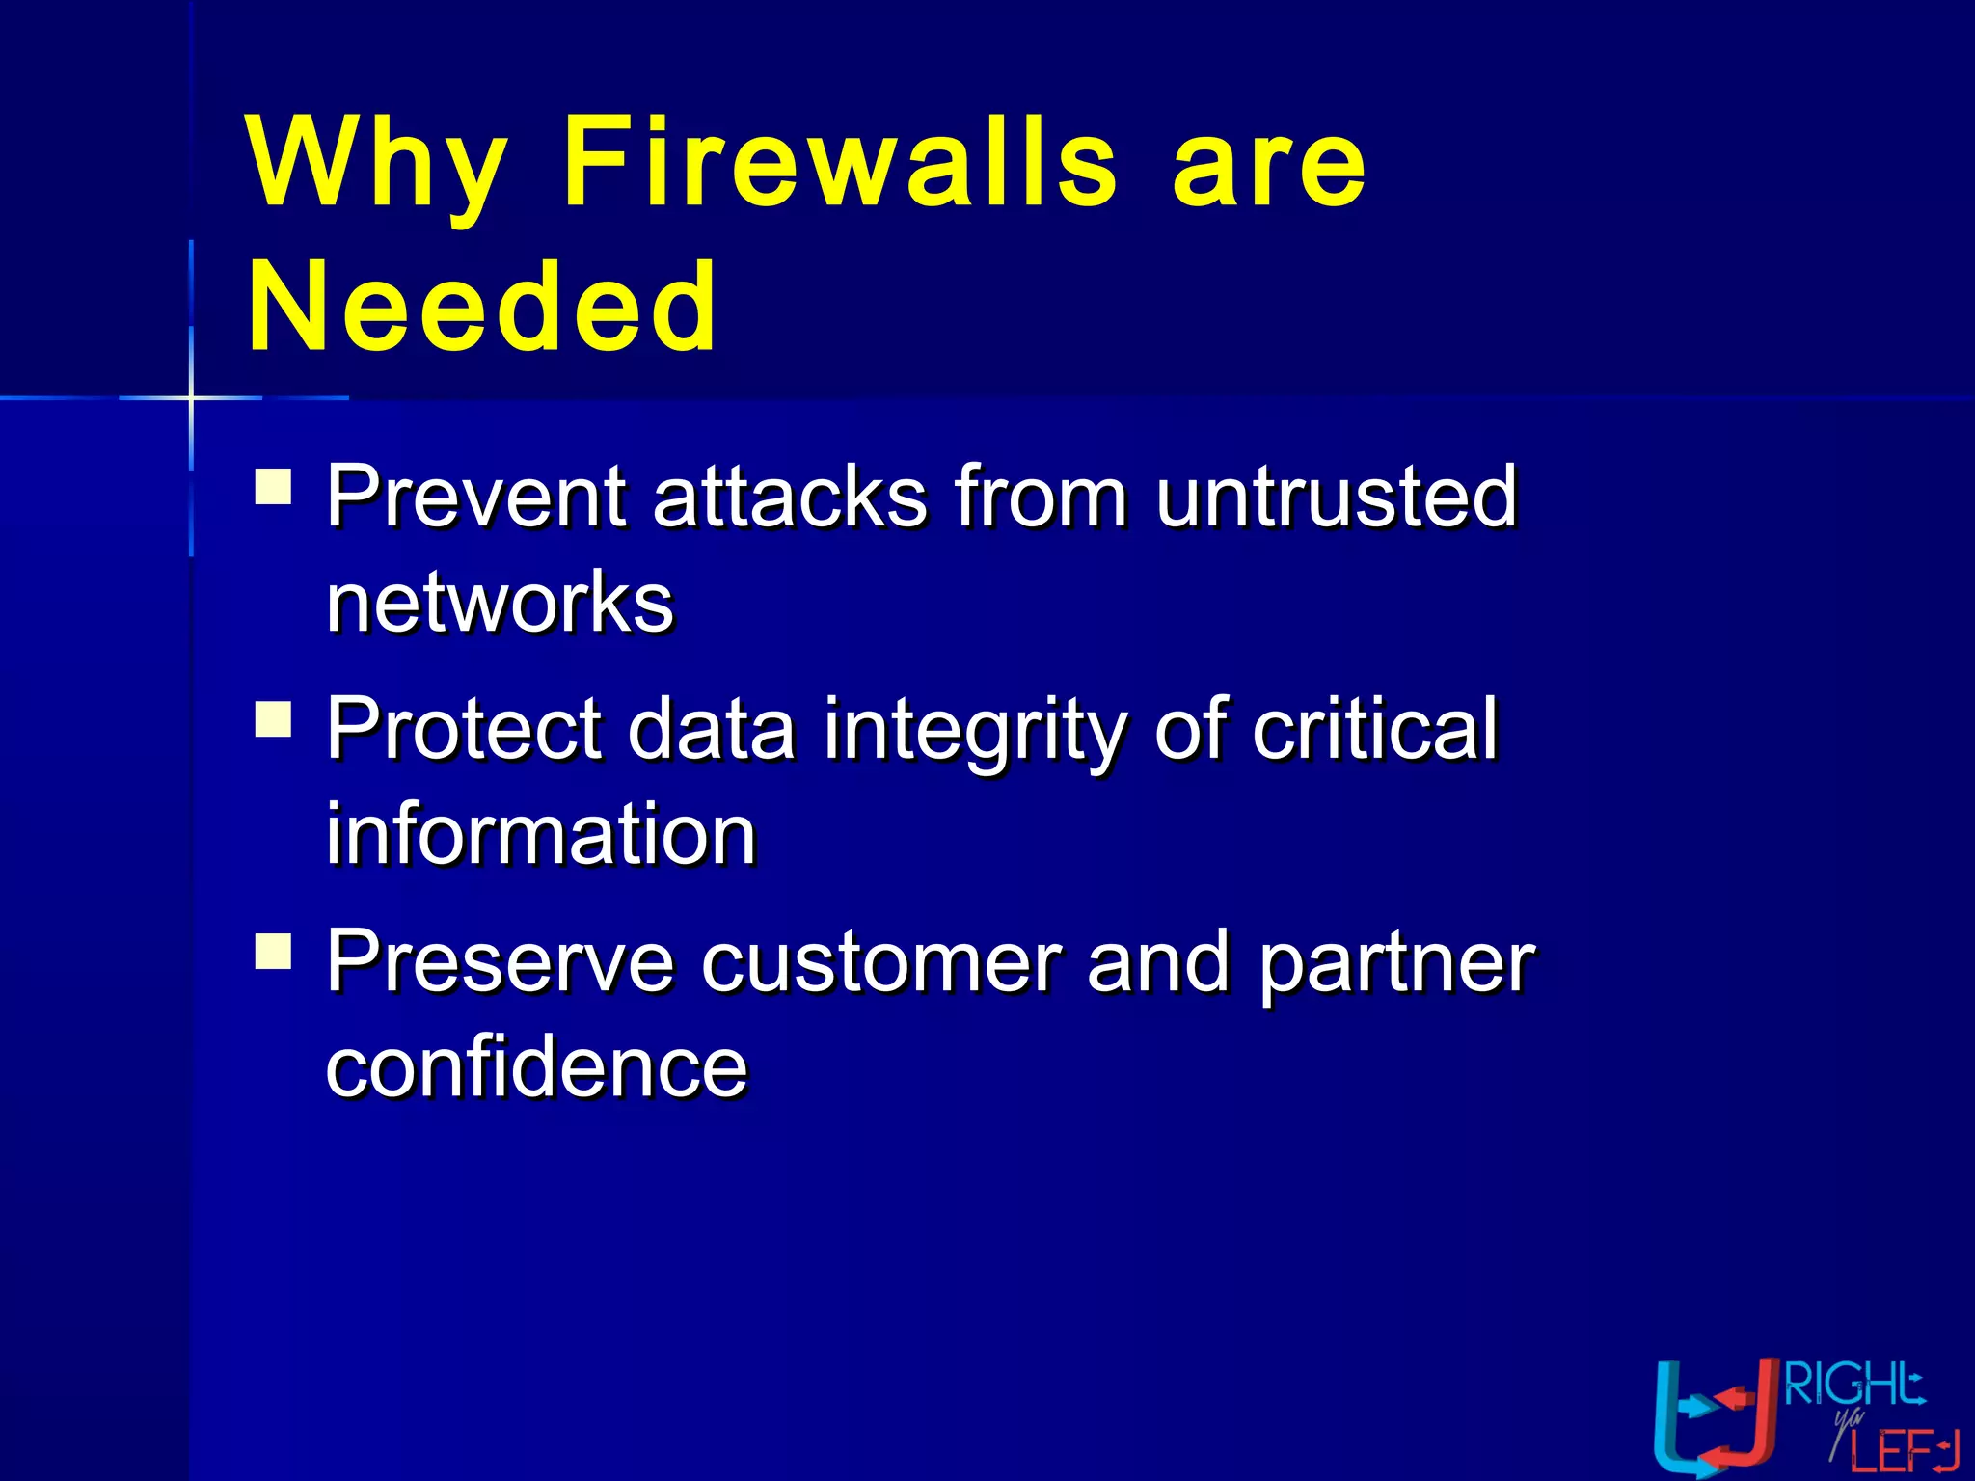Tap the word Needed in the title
coord(482,308)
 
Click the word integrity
coord(974,730)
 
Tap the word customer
coord(880,961)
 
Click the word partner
coord(1396,963)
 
